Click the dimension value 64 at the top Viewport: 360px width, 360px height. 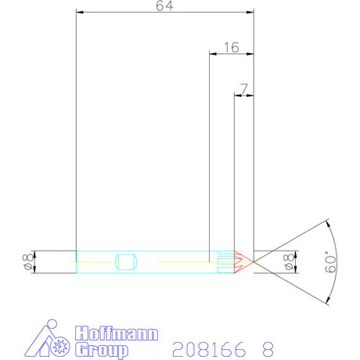[164, 6]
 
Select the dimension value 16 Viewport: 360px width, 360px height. [231, 48]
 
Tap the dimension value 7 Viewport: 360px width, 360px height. [245, 90]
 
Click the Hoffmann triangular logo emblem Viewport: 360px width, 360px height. [49, 339]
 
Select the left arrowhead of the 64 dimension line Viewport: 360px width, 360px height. [79, 13]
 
